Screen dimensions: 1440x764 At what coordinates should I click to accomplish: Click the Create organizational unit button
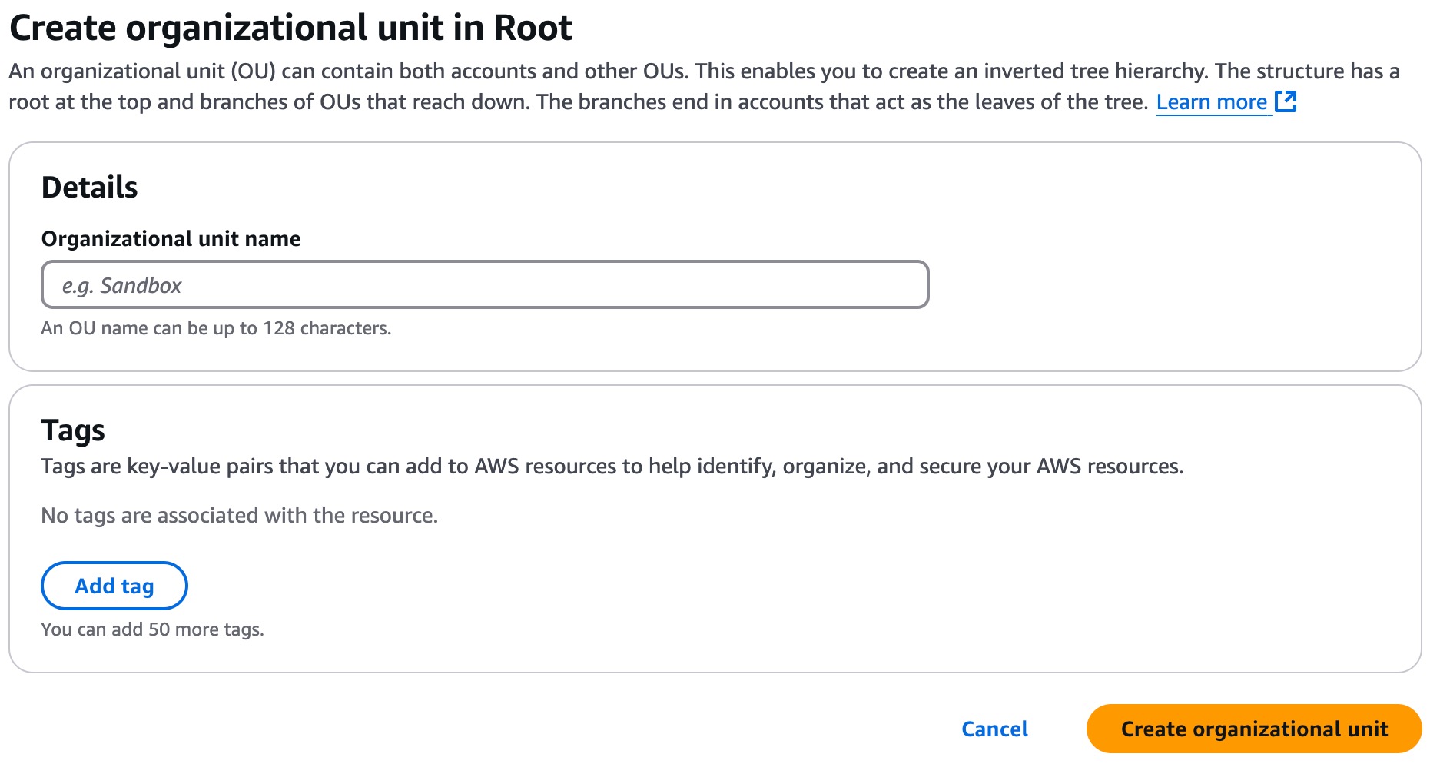tap(1254, 729)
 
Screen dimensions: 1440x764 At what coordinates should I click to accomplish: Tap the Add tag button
tap(114, 586)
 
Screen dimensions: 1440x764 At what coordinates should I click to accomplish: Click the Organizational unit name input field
tap(485, 285)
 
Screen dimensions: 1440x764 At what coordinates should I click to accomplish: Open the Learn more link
tap(1212, 102)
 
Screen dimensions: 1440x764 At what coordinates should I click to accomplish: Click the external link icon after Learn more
tap(1286, 101)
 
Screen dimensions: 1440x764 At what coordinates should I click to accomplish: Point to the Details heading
tap(90, 188)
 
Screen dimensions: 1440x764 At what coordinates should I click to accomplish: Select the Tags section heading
tap(73, 430)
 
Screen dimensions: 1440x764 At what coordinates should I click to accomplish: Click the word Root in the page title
tap(533, 28)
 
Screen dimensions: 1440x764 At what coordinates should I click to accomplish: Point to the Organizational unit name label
tap(171, 239)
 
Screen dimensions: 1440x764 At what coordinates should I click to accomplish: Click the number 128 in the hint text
tap(279, 328)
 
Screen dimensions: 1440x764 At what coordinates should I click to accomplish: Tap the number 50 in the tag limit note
tap(159, 629)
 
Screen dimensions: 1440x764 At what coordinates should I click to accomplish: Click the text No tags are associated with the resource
tap(240, 516)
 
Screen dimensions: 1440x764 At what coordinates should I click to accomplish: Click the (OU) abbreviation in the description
tap(253, 71)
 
